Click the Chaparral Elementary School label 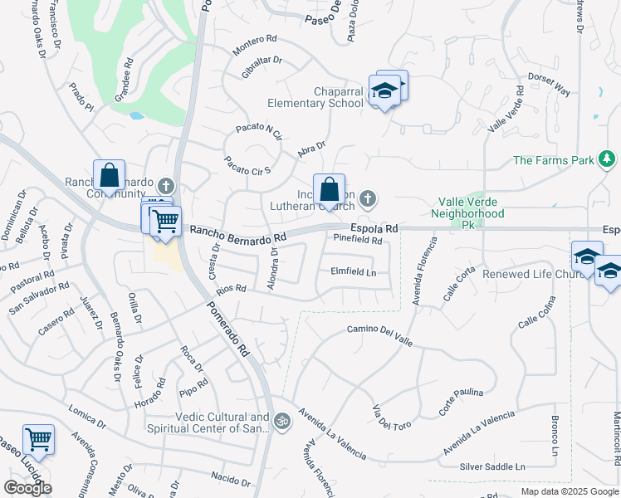click(x=315, y=97)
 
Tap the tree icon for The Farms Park click(x=607, y=159)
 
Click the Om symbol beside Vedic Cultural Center click(x=282, y=421)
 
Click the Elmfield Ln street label click(x=354, y=271)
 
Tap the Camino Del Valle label click(x=379, y=330)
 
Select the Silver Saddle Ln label click(x=493, y=467)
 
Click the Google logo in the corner click(x=28, y=487)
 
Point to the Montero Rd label click(x=255, y=45)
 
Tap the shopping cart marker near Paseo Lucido click(x=38, y=439)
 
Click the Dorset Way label click(x=550, y=85)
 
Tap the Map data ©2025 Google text click(x=570, y=491)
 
